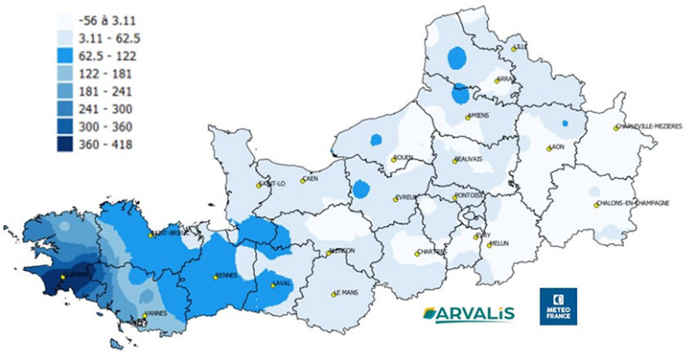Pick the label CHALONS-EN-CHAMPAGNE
pos(636,203)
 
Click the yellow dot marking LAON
pos(548,148)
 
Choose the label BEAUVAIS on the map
pos(471,158)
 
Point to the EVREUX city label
pos(410,198)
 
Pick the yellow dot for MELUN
pos(490,244)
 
